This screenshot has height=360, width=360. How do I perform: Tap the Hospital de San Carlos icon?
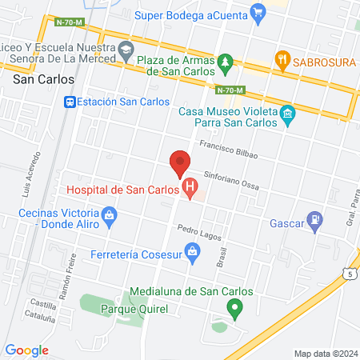tap(190, 190)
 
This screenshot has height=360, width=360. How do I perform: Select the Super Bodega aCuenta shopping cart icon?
tap(258, 13)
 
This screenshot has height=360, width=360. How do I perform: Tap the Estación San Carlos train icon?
tap(70, 102)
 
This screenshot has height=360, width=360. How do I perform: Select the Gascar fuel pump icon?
tap(318, 217)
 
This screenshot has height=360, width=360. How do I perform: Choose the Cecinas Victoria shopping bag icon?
tap(109, 214)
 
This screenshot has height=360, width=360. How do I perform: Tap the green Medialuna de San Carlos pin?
tap(234, 306)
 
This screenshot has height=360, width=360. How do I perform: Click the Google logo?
tap(26, 350)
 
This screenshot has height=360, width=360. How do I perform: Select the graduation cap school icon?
tap(126, 50)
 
